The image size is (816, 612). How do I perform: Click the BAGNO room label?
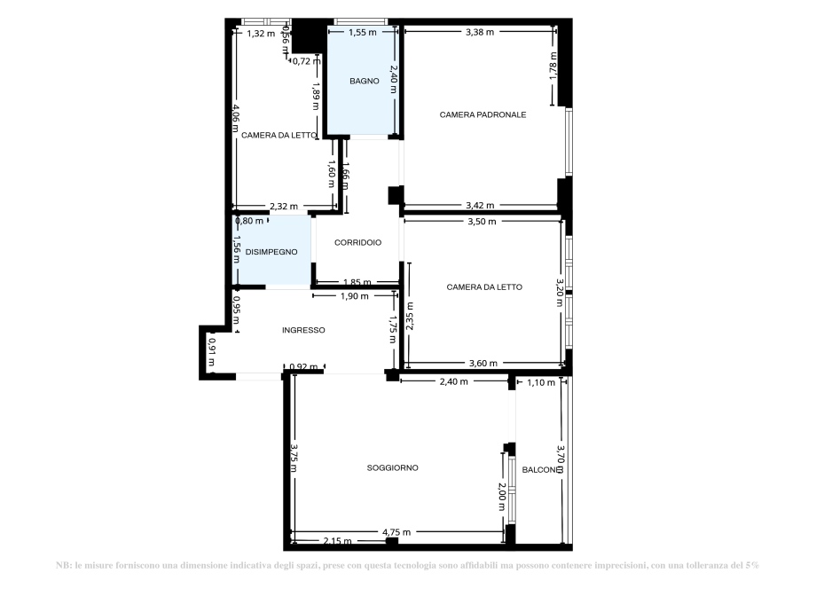point(364,81)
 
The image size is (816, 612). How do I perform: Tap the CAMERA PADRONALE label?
point(483,114)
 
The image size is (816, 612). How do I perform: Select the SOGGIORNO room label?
point(392,467)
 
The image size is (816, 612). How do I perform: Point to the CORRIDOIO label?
point(357,242)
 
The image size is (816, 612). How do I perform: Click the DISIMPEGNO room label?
point(271,252)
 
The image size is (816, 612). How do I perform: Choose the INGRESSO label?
point(303,330)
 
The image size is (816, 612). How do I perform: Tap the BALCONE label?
point(541,470)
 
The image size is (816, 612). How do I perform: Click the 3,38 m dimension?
point(479,32)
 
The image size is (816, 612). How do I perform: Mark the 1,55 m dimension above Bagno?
point(362,32)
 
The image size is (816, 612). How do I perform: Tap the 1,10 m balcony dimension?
point(540,382)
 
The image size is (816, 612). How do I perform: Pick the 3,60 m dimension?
point(483,363)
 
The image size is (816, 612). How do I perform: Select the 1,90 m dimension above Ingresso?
point(354,296)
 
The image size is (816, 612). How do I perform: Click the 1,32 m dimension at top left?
point(261,34)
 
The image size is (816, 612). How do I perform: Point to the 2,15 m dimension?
point(337,541)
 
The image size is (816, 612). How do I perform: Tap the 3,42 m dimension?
point(480,206)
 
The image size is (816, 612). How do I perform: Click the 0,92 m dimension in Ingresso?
point(303,366)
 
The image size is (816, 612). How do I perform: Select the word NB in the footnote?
point(61,565)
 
